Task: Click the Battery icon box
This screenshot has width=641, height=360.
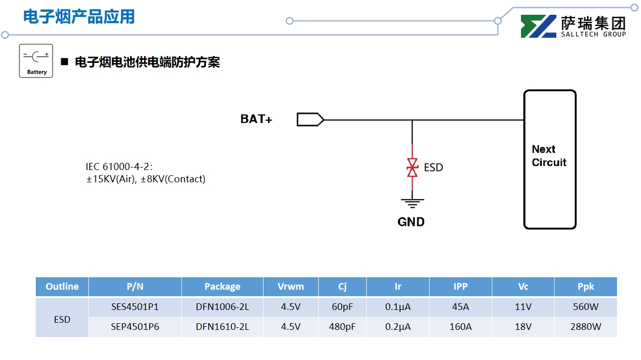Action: pos(36,61)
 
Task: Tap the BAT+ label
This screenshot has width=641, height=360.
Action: pos(256,119)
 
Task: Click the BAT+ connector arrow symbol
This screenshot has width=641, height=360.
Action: pos(310,119)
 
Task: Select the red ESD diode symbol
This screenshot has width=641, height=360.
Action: pos(412,167)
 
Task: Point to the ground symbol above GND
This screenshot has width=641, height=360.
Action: pos(412,203)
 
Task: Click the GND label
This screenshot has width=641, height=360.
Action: pos(411,222)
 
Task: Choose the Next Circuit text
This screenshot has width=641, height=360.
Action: pos(549,156)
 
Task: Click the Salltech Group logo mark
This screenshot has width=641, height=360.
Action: pos(538,27)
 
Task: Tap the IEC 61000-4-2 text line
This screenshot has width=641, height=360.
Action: pos(120,167)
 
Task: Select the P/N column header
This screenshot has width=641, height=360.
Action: pos(135,286)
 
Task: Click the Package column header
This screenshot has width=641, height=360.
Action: pos(222,286)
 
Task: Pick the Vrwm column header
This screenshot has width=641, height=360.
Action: pos(291,286)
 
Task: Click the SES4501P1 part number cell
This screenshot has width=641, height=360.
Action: pos(135,307)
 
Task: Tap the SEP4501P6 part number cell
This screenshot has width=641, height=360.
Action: pos(135,327)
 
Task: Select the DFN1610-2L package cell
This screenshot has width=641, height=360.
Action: pos(222,327)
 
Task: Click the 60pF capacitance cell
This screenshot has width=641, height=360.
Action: pos(342,307)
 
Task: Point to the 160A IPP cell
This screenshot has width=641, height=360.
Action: pos(460,327)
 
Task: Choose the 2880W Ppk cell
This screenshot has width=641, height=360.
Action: pos(585,327)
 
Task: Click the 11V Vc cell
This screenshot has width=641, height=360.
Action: pos(523,307)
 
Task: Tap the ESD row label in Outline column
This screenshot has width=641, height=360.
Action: pos(62,320)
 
